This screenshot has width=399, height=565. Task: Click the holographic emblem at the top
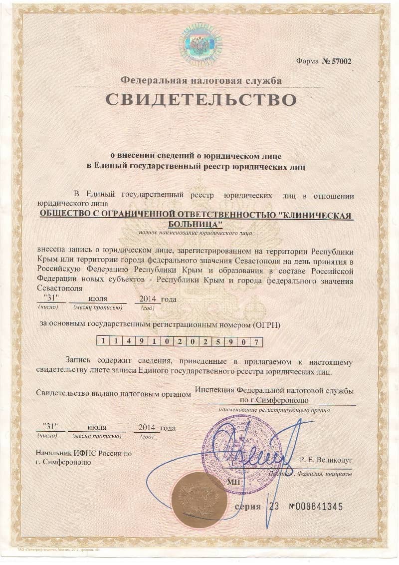pos(200,44)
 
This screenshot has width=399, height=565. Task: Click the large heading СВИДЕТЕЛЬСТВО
pos(201,99)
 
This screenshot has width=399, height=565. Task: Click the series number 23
pos(274,507)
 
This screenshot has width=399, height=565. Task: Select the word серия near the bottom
pos(248,507)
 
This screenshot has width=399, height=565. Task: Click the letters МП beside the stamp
pos(233,482)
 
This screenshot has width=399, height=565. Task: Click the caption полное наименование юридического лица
pos(196,233)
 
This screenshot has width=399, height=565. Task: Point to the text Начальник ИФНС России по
pos(84,454)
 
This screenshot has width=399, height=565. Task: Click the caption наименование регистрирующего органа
pos(274,410)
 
